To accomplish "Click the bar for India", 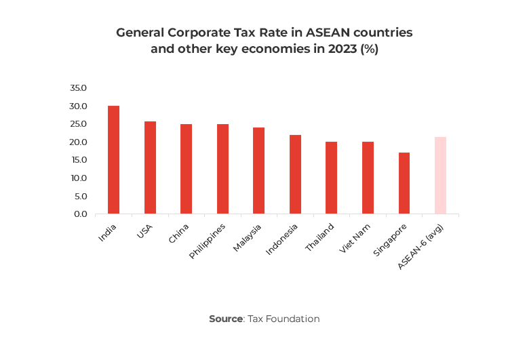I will click(113, 160).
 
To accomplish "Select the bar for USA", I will click(150, 167).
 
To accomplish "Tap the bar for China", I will click(186, 169).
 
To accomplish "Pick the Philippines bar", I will click(222, 169).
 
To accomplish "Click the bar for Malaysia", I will click(258, 171).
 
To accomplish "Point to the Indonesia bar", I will click(295, 174).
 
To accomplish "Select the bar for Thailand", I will click(331, 178).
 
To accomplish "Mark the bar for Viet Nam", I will click(368, 178).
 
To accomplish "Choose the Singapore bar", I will click(404, 183).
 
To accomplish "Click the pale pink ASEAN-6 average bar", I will click(440, 176).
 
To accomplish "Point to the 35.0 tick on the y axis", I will click(78, 88).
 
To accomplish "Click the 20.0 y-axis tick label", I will click(78, 142).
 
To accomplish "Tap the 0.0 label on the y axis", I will click(81, 214).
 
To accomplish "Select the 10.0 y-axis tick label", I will click(78, 178).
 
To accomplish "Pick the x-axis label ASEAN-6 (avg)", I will click(422, 245).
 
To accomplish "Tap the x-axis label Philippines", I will click(208, 242).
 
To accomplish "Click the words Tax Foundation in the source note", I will click(283, 319).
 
